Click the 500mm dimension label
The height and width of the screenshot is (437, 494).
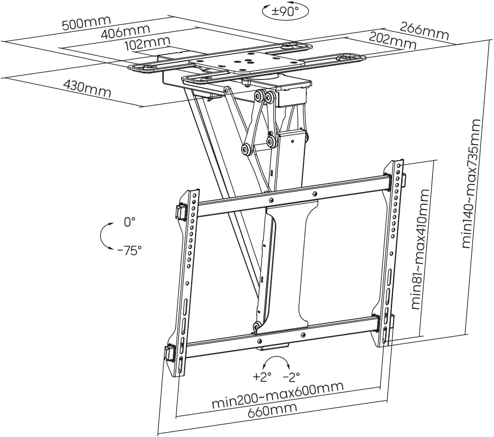[87, 23]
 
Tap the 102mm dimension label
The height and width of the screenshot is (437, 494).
[147, 44]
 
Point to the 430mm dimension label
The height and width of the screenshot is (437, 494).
[87, 88]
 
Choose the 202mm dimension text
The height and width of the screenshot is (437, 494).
[392, 40]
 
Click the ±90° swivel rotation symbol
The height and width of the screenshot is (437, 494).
[285, 10]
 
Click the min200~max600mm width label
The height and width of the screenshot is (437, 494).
[278, 395]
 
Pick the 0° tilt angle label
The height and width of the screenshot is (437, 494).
[129, 222]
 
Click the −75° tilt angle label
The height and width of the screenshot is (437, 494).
[130, 250]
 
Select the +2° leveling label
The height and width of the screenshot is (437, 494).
[262, 376]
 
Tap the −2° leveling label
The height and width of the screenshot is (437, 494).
[291, 376]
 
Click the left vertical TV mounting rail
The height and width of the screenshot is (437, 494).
[187, 278]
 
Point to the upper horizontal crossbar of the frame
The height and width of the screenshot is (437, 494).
[293, 195]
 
